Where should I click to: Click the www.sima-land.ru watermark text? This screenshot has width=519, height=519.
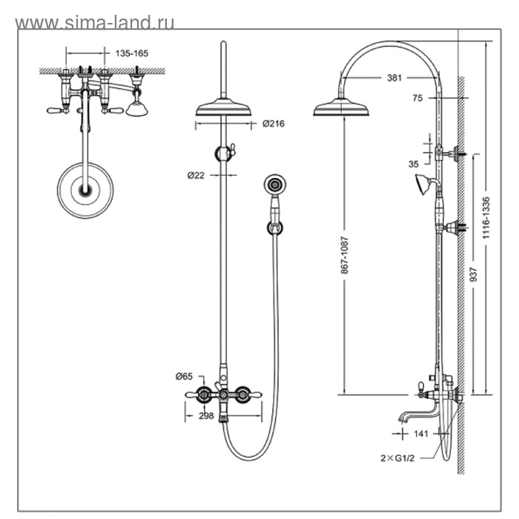(x=94, y=22)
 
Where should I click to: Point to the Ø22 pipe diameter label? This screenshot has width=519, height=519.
(x=196, y=175)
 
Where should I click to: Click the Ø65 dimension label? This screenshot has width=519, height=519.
(x=184, y=377)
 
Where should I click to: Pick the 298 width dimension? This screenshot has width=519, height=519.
(x=206, y=417)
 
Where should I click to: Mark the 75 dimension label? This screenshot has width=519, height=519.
(x=418, y=97)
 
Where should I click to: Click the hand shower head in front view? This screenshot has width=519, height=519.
(x=275, y=185)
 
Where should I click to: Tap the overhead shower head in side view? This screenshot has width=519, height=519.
(x=341, y=109)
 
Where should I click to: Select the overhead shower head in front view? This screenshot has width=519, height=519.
(x=223, y=109)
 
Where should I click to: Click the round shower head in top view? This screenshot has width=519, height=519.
(x=86, y=190)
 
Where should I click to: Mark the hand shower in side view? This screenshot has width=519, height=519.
(x=425, y=183)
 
